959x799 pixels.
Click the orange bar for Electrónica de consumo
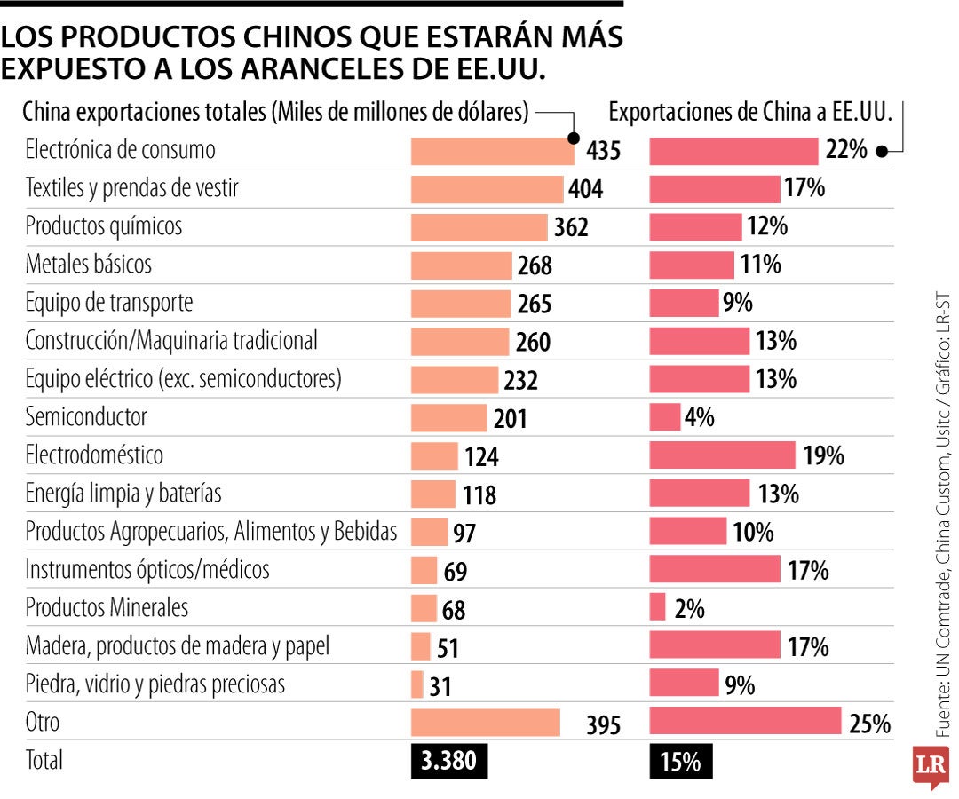click(493, 150)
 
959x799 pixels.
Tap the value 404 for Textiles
click(586, 189)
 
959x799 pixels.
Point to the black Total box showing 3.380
click(449, 762)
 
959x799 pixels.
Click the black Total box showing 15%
click(680, 762)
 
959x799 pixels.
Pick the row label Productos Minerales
click(107, 608)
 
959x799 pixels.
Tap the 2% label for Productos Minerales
click(689, 609)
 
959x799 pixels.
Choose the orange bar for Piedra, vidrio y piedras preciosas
click(416, 684)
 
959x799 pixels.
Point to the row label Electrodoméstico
click(94, 455)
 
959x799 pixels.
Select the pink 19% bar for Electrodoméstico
click(722, 455)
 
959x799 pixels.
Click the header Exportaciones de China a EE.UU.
click(748, 112)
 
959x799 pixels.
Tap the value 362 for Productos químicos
click(571, 227)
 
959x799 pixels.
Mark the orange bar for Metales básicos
click(462, 265)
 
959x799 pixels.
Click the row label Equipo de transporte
click(109, 303)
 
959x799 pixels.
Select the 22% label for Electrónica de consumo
click(845, 150)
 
